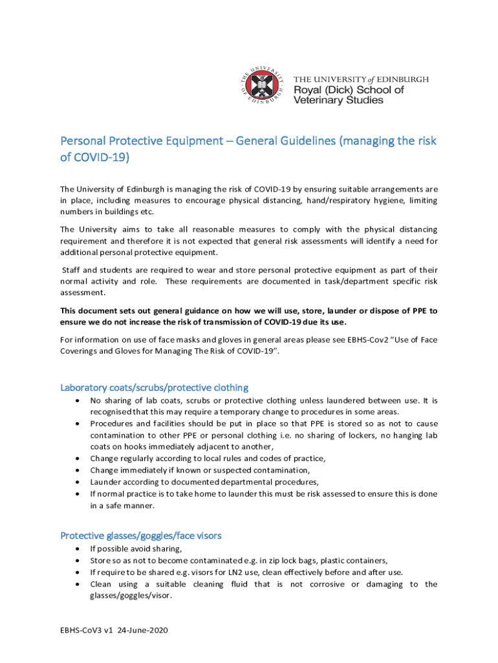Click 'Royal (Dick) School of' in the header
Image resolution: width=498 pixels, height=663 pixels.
pyautogui.click(x=349, y=89)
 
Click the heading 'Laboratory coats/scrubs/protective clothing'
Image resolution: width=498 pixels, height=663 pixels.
pyautogui.click(x=154, y=388)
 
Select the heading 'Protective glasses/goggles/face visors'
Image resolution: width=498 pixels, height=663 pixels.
pyautogui.click(x=140, y=535)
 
